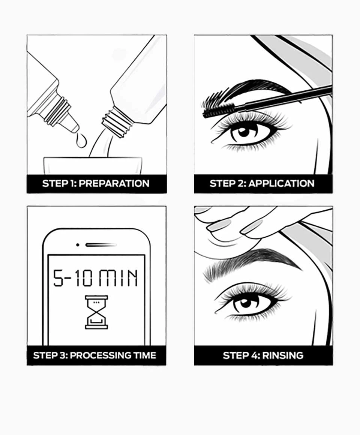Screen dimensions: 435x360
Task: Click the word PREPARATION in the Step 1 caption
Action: (114, 183)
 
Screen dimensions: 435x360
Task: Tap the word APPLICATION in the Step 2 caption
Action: (281, 183)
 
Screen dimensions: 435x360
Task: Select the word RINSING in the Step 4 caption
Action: (283, 355)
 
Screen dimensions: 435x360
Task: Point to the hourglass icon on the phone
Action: (96, 312)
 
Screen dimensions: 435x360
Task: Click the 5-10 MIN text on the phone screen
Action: (96, 278)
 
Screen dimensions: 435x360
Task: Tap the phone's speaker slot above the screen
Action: (100, 245)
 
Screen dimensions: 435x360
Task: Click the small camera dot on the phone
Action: (78, 245)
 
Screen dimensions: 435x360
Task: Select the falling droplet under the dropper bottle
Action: (80, 141)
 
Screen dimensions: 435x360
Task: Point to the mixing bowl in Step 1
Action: (93, 165)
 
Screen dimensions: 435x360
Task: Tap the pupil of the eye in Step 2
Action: (243, 132)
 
